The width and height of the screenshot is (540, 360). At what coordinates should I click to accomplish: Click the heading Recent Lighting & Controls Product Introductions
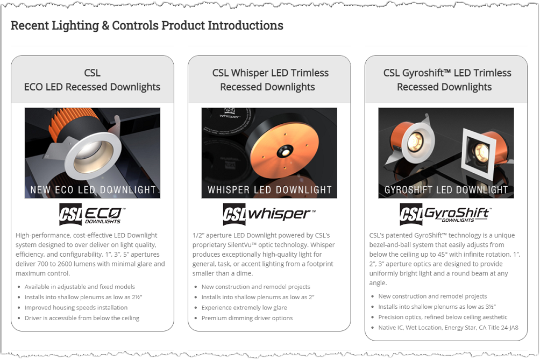(x=147, y=25)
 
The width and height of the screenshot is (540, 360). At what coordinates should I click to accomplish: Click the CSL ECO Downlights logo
(x=92, y=214)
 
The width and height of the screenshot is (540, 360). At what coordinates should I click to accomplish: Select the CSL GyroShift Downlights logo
(x=445, y=214)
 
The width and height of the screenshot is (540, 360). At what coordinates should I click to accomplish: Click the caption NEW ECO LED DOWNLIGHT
(x=93, y=190)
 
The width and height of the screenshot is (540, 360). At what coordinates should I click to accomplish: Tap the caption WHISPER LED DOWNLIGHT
(x=269, y=190)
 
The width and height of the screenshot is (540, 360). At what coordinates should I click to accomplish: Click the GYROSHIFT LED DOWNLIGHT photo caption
(x=446, y=190)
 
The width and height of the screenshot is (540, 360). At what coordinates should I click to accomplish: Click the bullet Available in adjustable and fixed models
(x=80, y=287)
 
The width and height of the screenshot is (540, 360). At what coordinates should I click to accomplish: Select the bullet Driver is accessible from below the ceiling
(x=82, y=318)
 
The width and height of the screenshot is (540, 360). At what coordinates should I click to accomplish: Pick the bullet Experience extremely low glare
(x=244, y=308)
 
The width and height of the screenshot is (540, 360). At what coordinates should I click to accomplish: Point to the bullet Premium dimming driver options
(x=247, y=318)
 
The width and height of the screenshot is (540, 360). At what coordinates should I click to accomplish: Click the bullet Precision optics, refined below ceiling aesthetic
(x=443, y=317)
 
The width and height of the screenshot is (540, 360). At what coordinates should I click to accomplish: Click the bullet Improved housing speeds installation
(x=76, y=308)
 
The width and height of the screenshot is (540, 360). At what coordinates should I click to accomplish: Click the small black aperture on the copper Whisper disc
(x=283, y=152)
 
